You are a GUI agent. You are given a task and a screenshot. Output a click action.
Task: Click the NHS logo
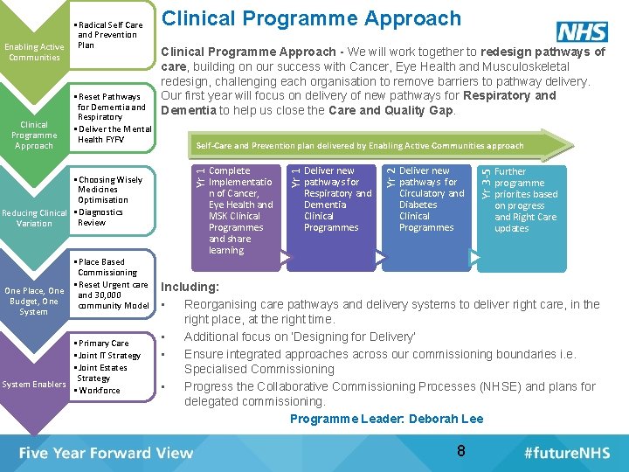click(582, 31)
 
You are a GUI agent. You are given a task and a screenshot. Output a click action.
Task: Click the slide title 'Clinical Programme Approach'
click(312, 17)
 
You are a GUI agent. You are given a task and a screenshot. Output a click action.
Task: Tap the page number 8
click(460, 451)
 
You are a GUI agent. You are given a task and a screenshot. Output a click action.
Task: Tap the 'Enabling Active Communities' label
click(34, 52)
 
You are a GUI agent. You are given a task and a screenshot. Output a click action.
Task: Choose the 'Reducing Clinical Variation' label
click(34, 218)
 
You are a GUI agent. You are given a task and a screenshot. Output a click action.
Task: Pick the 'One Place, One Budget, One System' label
click(34, 301)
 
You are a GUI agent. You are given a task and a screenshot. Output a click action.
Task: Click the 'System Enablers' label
click(34, 385)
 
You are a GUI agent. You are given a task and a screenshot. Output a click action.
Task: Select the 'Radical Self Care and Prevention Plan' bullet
click(109, 35)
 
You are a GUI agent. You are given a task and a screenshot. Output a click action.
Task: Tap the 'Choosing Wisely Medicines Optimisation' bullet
click(109, 190)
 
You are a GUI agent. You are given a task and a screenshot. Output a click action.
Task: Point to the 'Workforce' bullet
click(100, 391)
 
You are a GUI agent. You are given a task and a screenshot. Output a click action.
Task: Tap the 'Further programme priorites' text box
click(525, 200)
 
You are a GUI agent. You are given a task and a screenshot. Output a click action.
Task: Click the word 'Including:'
click(189, 287)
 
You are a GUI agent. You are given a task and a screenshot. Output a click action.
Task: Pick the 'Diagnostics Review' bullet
click(100, 217)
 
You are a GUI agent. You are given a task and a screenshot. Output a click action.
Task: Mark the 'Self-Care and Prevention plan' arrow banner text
click(360, 146)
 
